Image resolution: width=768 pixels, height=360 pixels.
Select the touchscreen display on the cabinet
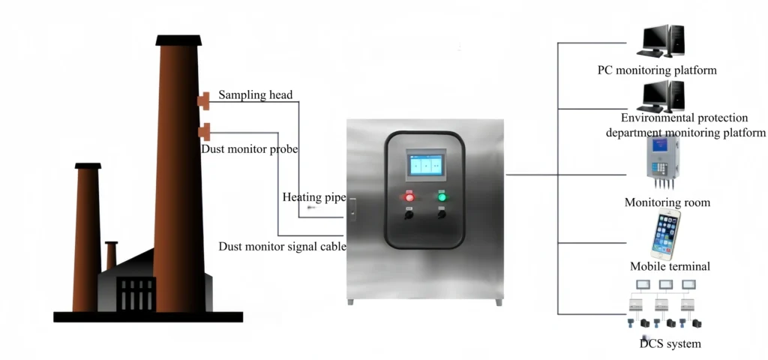[424, 164]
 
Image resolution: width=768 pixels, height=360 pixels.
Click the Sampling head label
[255, 95]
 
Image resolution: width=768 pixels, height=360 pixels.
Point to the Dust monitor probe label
[250, 149]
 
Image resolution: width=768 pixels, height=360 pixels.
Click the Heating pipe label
[313, 197]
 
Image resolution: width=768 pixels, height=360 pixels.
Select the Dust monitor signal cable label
[282, 246]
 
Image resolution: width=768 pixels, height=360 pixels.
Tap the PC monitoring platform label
[657, 70]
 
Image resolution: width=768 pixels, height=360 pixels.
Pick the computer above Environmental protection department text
[660, 96]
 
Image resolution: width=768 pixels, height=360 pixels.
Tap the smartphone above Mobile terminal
[664, 234]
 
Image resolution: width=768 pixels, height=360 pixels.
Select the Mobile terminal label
[670, 266]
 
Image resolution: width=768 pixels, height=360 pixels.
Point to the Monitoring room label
[667, 202]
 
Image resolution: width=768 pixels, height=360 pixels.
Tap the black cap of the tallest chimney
[178, 39]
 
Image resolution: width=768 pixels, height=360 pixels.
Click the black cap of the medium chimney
[88, 166]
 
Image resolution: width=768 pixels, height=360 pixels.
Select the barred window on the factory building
[136, 295]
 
